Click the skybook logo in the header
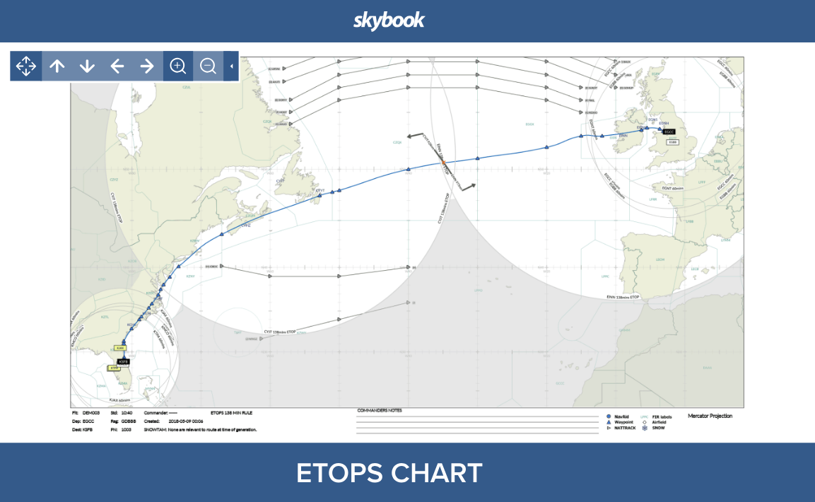tap(389, 21)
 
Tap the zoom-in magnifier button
tap(178, 66)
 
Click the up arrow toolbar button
tap(57, 66)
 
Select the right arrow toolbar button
tap(147, 66)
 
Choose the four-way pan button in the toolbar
tap(26, 66)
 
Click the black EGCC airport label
tap(669, 132)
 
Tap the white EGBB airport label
tap(673, 142)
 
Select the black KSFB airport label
tap(124, 361)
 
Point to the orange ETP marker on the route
tap(443, 163)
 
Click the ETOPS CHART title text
tap(389, 473)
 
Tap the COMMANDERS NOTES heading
tap(380, 410)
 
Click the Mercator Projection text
tap(710, 416)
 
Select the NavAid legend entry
tap(620, 416)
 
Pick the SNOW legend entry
tap(657, 428)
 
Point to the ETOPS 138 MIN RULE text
tap(232, 411)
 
